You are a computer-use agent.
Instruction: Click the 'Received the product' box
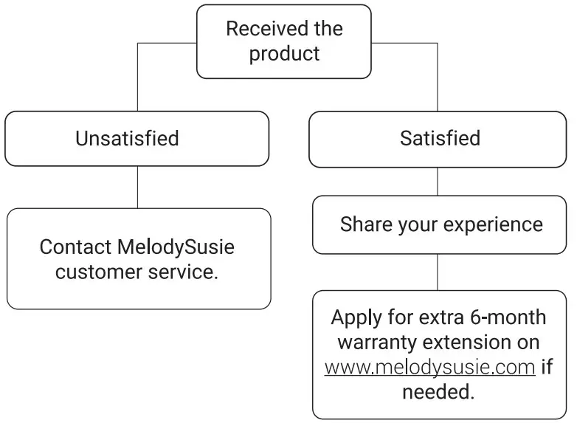click(x=283, y=41)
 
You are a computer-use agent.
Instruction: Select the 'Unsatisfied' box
click(x=137, y=138)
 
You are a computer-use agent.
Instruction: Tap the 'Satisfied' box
click(x=438, y=138)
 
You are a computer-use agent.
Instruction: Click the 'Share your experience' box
click(x=440, y=224)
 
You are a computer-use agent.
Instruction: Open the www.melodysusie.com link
click(x=429, y=367)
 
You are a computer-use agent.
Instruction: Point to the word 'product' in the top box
click(x=284, y=54)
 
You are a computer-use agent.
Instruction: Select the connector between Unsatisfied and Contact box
click(x=137, y=187)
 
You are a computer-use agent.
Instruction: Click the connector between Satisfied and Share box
click(x=438, y=181)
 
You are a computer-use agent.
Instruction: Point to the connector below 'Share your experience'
click(x=438, y=272)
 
